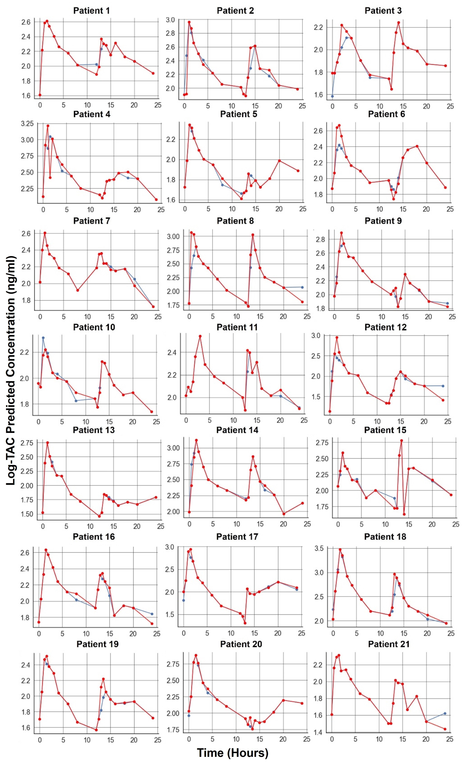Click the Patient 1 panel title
click(x=91, y=11)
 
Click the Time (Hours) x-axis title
click(x=233, y=753)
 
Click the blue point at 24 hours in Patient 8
click(x=302, y=287)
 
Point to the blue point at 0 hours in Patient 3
click(x=332, y=96)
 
